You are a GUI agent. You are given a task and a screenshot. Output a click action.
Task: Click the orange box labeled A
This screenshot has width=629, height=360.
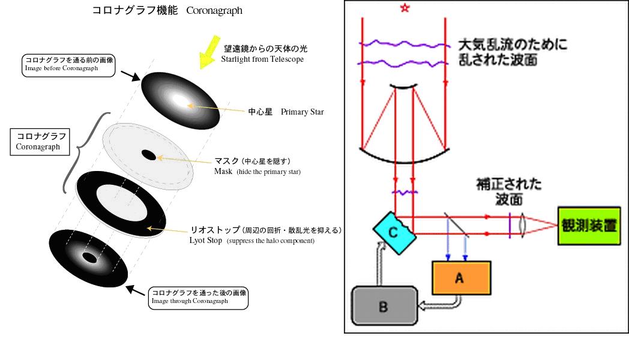461,277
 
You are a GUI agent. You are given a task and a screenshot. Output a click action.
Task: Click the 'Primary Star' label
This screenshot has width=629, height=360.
302,112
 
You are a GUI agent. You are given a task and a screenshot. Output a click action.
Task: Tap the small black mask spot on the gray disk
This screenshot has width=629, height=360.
148,155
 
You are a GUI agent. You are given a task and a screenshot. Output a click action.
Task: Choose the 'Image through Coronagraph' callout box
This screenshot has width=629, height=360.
199,296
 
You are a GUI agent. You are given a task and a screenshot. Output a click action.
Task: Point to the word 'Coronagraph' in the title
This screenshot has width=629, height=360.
214,11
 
